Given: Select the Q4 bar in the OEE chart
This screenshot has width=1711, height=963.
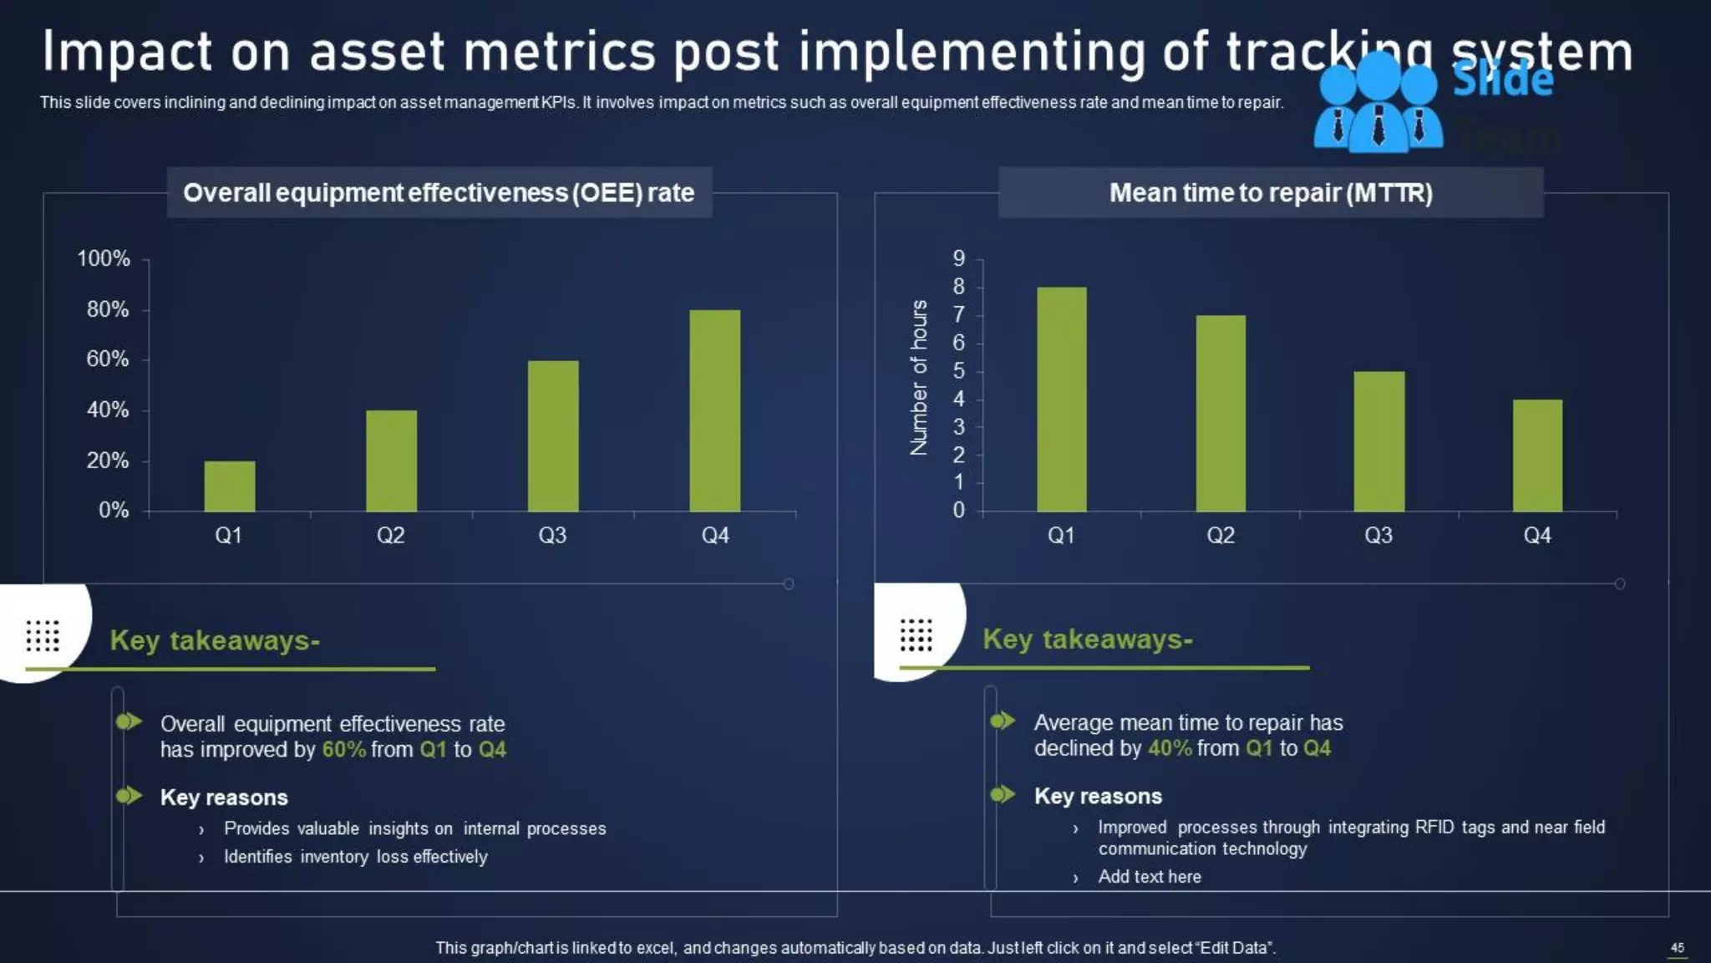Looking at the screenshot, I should click(x=714, y=410).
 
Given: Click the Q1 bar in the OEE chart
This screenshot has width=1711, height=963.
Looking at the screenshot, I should click(x=230, y=486).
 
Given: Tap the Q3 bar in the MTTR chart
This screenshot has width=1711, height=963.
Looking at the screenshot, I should click(x=1378, y=441).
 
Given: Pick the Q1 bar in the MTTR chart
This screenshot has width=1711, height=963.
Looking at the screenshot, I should click(x=1061, y=399).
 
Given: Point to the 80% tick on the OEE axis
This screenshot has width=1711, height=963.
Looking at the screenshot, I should click(x=108, y=310).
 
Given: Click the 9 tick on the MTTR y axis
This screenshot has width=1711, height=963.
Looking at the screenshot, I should click(x=959, y=259).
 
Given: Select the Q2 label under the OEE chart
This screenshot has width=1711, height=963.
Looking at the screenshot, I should click(x=390, y=536).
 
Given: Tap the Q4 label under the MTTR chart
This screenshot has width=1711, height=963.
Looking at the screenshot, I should click(x=1536, y=536).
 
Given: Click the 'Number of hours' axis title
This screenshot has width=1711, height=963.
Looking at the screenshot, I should click(x=919, y=378).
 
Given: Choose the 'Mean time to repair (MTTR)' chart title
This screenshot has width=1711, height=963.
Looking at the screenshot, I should click(x=1270, y=193).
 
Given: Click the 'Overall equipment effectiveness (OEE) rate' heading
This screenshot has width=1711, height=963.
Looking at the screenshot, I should click(x=439, y=193).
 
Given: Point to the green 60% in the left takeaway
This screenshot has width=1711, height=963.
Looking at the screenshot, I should click(x=343, y=750).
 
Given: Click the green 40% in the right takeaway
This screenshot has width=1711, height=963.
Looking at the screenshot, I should click(x=1170, y=748).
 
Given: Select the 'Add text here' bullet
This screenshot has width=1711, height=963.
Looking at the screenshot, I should click(x=1149, y=877).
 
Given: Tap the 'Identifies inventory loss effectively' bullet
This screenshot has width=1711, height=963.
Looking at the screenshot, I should click(x=355, y=857).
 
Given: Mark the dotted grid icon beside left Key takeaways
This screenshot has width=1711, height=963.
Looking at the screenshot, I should click(x=43, y=636).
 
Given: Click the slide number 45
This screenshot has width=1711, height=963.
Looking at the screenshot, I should click(x=1677, y=947).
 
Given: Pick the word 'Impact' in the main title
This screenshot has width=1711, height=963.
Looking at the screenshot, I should click(x=127, y=52).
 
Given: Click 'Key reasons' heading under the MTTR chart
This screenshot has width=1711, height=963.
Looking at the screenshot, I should click(x=1098, y=797).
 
